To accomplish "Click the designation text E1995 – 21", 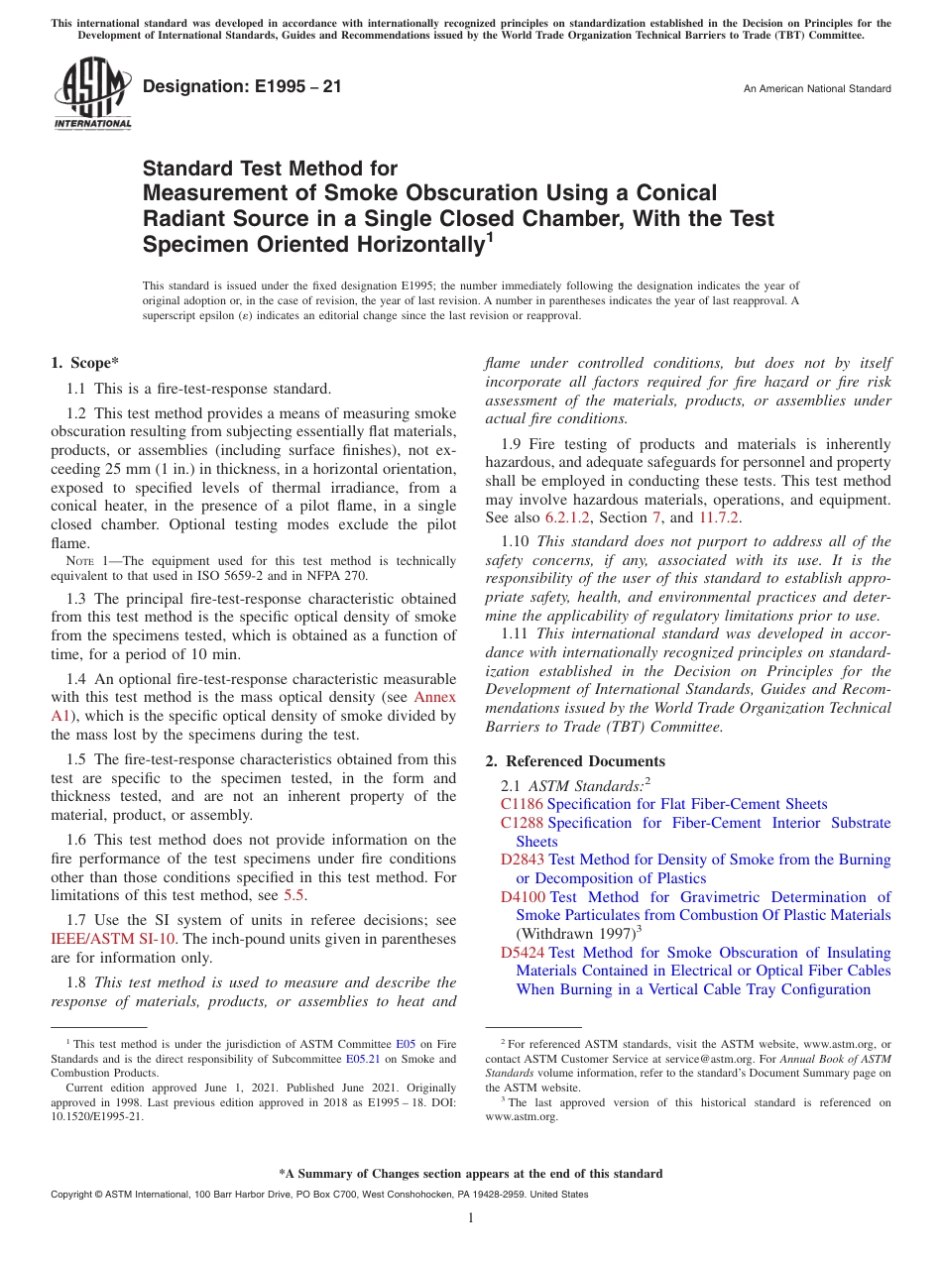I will (243, 87).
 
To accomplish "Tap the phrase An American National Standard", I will (817, 89).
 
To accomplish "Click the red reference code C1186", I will (522, 804).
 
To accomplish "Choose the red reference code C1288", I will (522, 823).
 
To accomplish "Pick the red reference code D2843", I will (522, 860).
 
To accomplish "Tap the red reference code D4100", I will (522, 897).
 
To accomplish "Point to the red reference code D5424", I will (522, 953).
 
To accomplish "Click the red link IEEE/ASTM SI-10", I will (102, 939).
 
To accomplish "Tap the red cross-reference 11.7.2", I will (718, 517).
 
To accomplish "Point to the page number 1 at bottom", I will (471, 1217).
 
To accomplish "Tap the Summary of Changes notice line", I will (470, 1174).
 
